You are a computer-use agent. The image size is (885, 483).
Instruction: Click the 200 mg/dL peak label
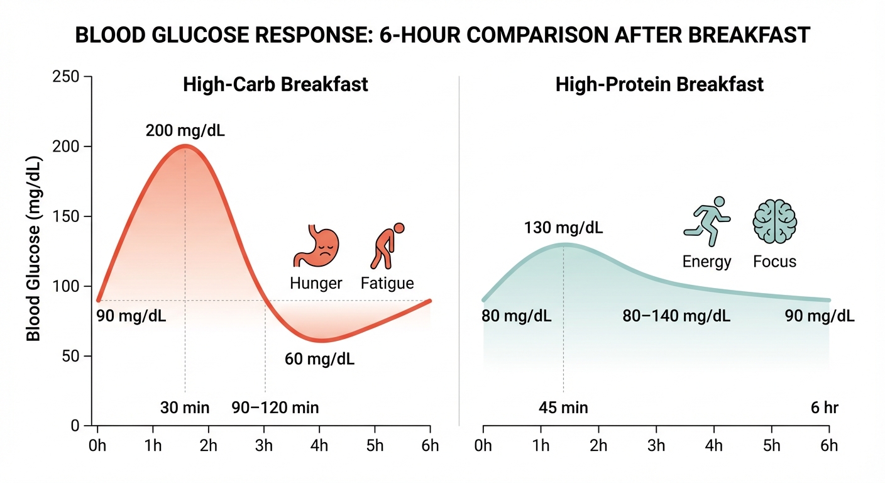pos(185,131)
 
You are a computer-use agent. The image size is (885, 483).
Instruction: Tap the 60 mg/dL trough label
pos(320,360)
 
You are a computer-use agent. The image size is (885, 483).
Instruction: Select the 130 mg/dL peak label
pos(563,228)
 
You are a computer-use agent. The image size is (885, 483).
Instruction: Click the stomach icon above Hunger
pos(316,247)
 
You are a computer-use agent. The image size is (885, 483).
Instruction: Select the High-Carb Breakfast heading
pos(275,84)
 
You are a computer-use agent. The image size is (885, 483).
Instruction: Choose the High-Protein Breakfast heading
pos(659,84)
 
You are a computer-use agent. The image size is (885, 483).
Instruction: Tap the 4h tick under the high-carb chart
pos(319,446)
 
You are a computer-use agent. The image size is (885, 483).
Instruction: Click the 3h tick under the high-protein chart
pos(656,446)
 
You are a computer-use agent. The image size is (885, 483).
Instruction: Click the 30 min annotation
pos(185,408)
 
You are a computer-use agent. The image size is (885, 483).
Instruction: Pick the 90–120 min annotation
pos(275,408)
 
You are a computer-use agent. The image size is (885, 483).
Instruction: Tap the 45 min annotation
pos(563,408)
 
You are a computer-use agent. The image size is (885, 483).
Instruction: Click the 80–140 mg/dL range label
pos(676,316)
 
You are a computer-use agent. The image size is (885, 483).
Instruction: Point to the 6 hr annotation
pos(825,408)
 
